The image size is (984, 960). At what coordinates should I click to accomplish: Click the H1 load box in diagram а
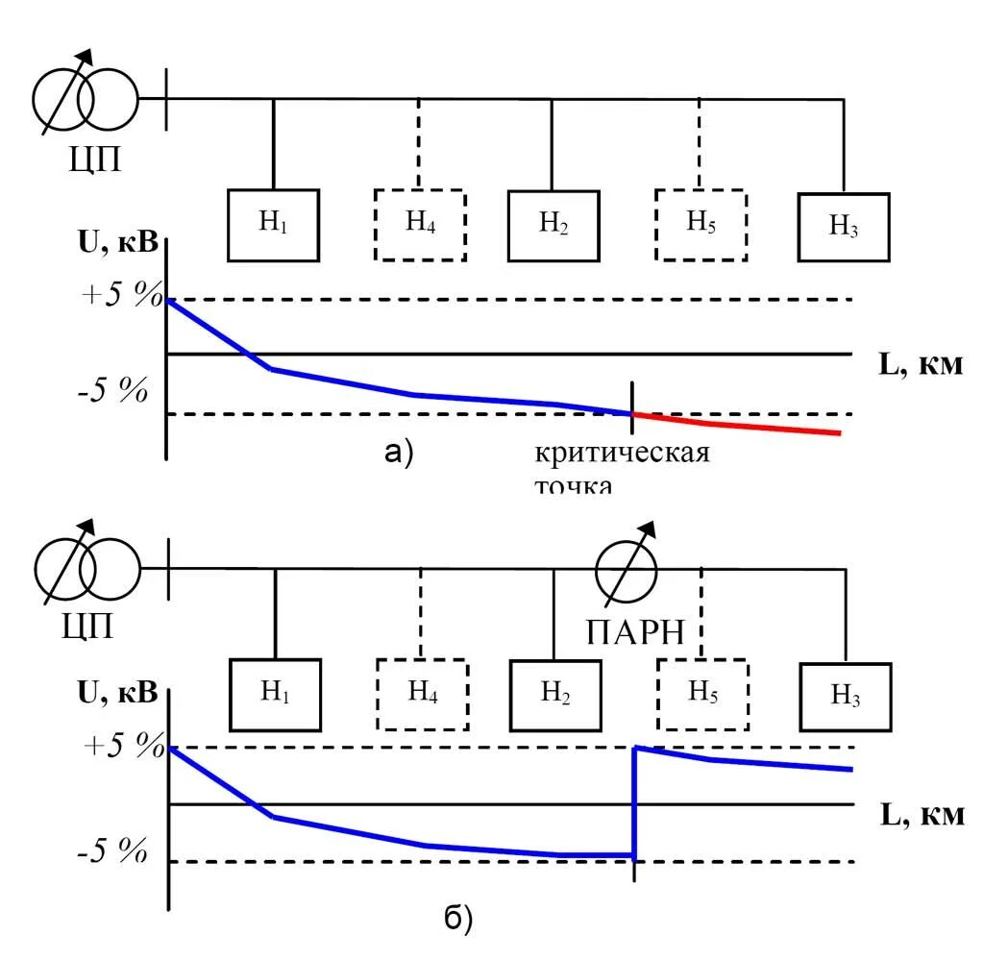point(273,225)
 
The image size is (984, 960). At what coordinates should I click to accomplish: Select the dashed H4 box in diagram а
point(419,225)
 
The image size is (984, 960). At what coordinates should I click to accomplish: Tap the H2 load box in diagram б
point(554,694)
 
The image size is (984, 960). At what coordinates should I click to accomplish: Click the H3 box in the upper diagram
point(843,227)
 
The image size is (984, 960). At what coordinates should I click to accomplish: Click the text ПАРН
point(635,632)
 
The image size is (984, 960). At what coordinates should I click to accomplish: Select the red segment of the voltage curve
point(740,425)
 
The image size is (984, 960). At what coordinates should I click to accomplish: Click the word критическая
point(622,452)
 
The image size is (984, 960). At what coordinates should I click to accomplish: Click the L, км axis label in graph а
point(921,364)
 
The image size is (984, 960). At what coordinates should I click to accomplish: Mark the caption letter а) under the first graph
point(399,452)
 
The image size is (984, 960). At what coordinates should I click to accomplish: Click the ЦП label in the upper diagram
point(90,158)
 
